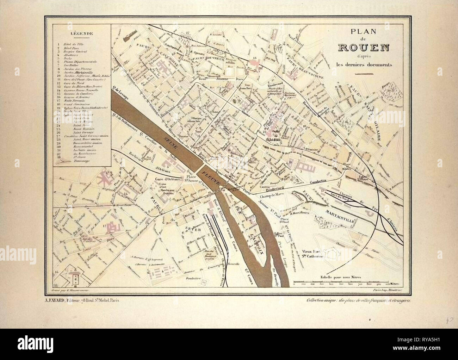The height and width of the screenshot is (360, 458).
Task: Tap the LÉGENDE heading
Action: tap(82, 34)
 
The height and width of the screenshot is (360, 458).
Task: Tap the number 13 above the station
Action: tap(255, 57)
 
